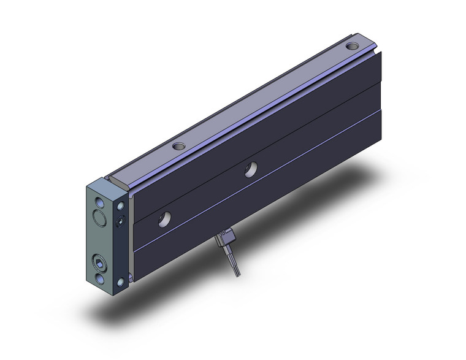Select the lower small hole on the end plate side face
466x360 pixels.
121,281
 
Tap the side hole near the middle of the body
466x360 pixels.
250,170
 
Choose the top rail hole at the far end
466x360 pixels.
353,46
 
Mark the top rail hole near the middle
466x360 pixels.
179,147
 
